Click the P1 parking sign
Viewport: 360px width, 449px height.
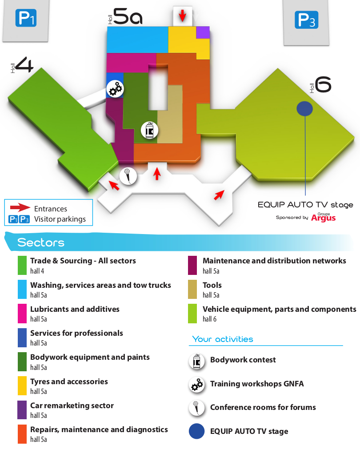point(26,18)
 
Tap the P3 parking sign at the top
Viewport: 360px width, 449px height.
point(306,20)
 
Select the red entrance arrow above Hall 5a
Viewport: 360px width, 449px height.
point(182,15)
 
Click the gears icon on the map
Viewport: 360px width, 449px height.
point(115,89)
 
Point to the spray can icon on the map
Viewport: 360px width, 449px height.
point(149,130)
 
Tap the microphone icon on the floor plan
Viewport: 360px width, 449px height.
point(128,176)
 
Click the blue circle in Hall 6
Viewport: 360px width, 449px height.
point(305,108)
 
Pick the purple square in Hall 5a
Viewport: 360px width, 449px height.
point(203,32)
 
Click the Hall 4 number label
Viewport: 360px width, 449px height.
point(24,64)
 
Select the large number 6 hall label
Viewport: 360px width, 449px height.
point(323,84)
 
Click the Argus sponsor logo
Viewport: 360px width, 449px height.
point(323,218)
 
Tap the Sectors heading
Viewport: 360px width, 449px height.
point(41,242)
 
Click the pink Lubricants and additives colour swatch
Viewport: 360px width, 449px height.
point(22,314)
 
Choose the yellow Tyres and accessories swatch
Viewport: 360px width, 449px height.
point(22,386)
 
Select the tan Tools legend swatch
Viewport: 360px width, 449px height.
point(192,290)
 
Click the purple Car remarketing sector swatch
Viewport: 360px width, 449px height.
point(22,410)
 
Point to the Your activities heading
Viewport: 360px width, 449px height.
point(223,339)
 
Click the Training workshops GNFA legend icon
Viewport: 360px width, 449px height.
point(196,385)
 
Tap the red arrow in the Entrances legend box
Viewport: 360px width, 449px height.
point(20,207)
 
